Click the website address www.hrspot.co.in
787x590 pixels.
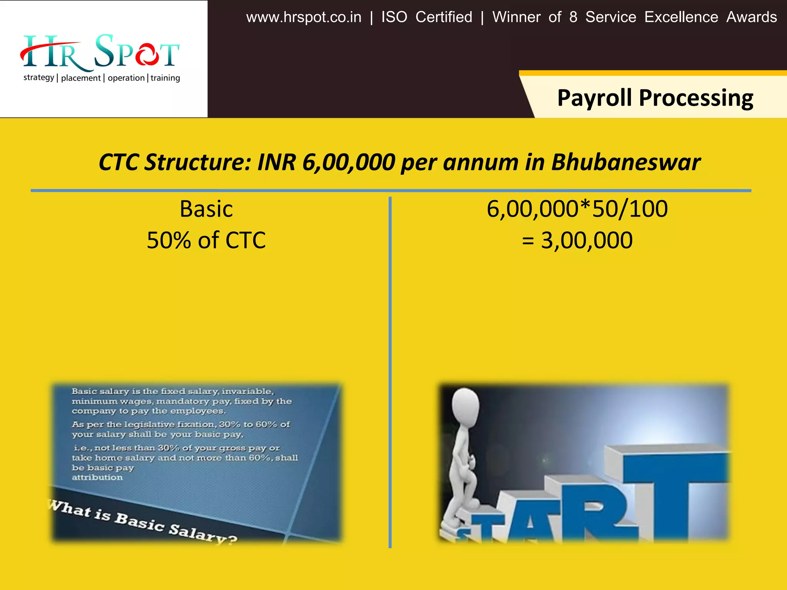click(304, 17)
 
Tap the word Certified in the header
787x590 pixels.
click(444, 17)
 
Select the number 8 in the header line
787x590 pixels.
click(573, 17)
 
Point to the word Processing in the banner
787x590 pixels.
click(696, 98)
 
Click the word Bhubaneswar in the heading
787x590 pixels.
click(626, 162)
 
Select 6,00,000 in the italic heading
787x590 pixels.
click(349, 162)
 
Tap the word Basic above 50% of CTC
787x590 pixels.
click(206, 209)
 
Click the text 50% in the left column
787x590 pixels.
click(169, 240)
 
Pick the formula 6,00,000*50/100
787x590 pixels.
click(577, 209)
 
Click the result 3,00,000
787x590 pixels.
click(586, 240)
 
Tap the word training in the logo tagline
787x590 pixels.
click(165, 78)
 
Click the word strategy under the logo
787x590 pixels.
click(39, 78)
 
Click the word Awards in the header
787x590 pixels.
click(752, 17)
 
